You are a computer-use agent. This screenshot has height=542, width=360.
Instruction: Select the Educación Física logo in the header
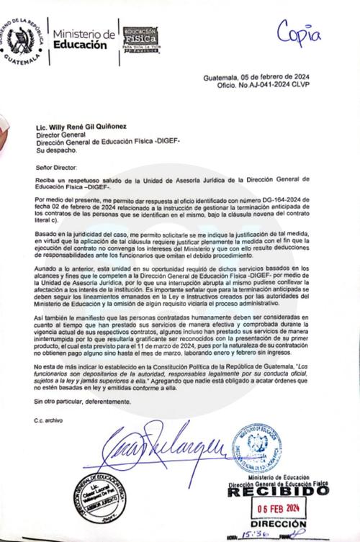[139, 39]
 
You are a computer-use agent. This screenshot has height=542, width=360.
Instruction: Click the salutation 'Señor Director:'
[53, 166]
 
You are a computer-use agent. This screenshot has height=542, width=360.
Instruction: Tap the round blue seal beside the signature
[256, 448]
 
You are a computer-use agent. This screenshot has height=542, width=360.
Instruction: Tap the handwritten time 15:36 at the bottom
[253, 536]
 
